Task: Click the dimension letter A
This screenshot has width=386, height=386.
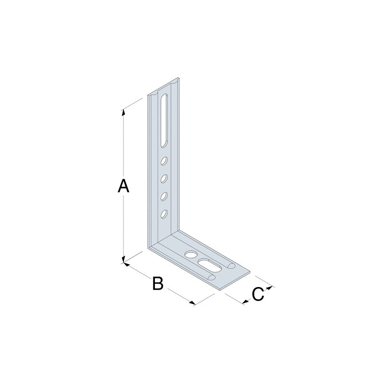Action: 124,186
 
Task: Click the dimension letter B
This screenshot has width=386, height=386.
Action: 158,283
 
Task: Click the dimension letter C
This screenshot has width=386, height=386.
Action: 258,294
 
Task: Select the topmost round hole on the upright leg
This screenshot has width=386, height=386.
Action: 164,161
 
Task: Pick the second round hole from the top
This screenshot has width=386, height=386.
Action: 164,179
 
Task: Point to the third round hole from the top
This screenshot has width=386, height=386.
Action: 164,196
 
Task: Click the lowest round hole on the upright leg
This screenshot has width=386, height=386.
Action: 164,214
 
